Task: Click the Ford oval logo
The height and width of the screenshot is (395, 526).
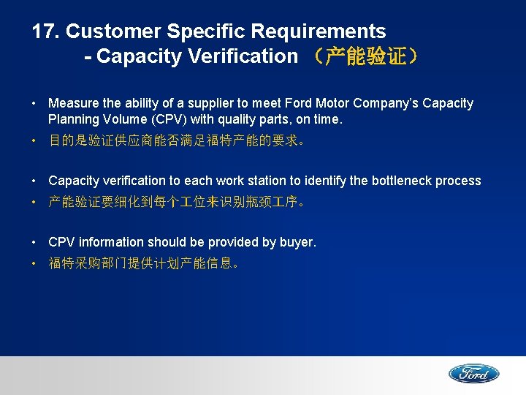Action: coord(473,374)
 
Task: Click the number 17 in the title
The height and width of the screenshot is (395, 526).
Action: coord(45,31)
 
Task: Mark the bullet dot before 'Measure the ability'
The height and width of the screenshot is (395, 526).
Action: coord(36,104)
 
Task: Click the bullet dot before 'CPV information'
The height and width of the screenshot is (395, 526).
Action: coord(36,242)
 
